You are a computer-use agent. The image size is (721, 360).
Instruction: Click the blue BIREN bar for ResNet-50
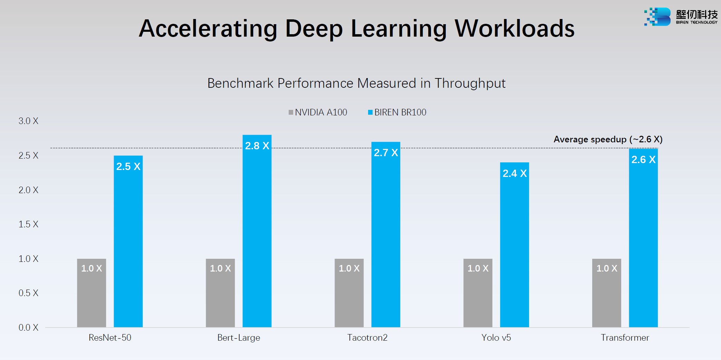point(128,242)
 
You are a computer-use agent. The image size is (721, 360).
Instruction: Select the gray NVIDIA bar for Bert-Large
point(220,294)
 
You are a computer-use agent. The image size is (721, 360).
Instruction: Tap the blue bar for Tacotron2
point(386,235)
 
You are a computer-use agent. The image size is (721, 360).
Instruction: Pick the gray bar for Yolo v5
point(478,294)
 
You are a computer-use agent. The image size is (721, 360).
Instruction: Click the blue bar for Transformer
point(643,238)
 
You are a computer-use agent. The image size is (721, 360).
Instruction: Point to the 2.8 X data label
point(257,146)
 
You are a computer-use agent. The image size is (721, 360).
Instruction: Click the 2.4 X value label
point(515,173)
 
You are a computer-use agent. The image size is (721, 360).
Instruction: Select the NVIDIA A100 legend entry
point(318,112)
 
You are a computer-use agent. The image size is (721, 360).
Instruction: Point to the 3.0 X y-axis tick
point(28,121)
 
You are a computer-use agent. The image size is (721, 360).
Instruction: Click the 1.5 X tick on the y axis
point(28,224)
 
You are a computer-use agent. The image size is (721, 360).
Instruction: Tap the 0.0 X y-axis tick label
point(28,328)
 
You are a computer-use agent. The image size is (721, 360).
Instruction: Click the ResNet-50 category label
point(110,338)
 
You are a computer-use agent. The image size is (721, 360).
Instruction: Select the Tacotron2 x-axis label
point(367,338)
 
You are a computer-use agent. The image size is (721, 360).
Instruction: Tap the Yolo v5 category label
point(496,338)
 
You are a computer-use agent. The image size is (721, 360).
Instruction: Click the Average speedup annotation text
point(608,139)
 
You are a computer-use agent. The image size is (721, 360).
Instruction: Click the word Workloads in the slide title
point(515,28)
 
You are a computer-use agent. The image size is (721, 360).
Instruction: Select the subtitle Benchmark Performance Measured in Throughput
point(356,83)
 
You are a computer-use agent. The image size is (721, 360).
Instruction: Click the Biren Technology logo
point(680,17)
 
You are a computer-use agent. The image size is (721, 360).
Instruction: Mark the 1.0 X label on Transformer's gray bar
point(607,268)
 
